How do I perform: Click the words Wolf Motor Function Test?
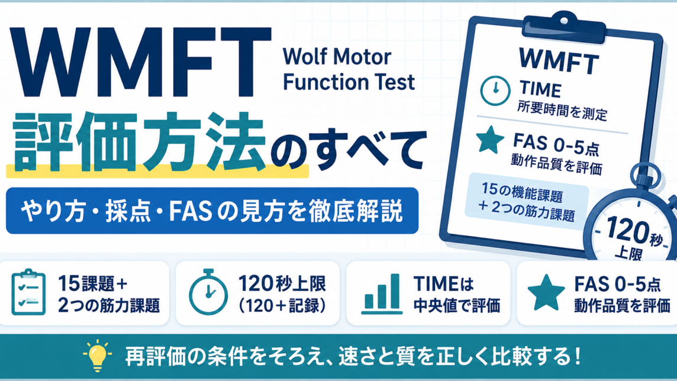point(349,69)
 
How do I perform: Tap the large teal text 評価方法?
point(139,142)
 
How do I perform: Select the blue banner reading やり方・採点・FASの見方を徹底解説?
point(212,211)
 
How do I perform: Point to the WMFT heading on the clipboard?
point(559,61)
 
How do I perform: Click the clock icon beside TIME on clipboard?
point(495,91)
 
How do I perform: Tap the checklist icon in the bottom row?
point(28,292)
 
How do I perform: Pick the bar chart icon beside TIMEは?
point(382,293)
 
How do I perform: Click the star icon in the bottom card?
point(546,292)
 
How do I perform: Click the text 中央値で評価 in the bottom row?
point(457,306)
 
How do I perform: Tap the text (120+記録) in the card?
point(282,306)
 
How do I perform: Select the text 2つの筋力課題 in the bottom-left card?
point(109,305)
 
